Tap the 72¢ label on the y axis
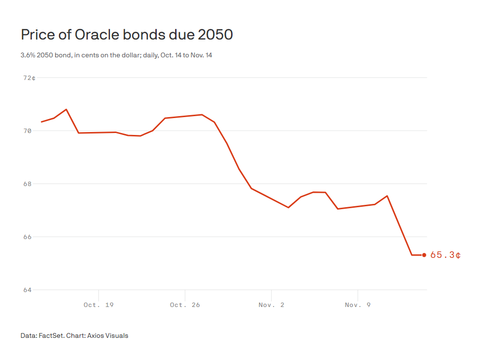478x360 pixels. (29, 78)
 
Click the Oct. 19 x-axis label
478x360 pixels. (98, 305)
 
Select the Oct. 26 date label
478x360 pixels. (185, 305)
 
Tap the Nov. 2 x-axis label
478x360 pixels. (272, 305)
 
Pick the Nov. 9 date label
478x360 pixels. (358, 305)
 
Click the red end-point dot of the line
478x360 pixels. (424, 255)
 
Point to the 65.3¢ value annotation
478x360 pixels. (445, 255)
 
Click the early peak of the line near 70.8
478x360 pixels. (66, 109)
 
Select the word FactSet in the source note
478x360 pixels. (50, 335)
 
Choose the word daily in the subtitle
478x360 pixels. (151, 55)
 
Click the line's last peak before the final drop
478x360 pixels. (387, 196)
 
